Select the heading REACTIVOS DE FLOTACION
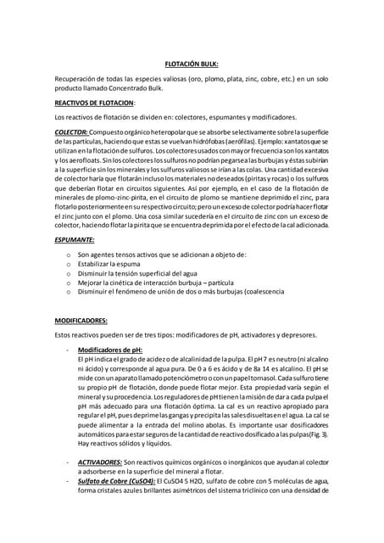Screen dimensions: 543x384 [93, 102]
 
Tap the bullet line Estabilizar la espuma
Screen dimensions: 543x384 [116, 264]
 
